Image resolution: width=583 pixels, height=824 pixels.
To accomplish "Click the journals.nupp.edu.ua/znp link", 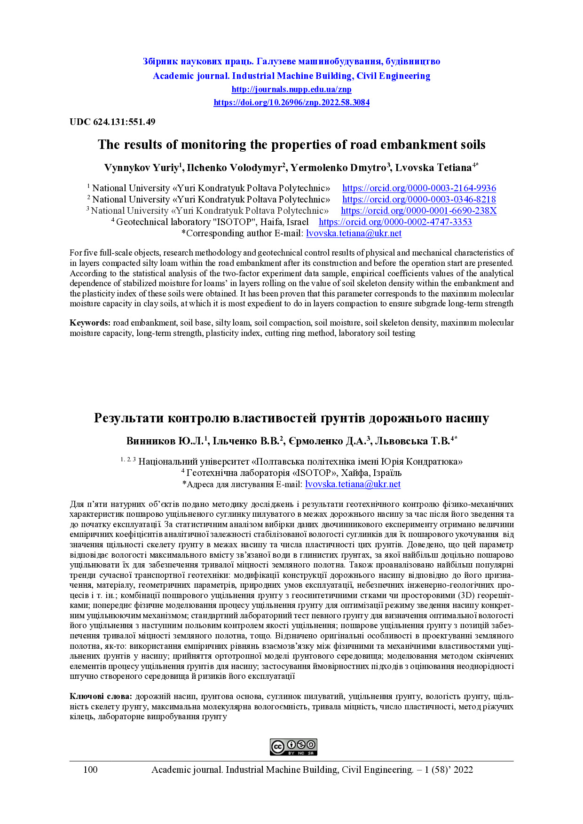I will click(291, 89).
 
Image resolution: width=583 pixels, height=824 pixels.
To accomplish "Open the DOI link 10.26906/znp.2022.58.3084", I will click(291, 102).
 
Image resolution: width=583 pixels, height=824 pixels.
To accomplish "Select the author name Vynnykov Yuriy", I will click(141, 168).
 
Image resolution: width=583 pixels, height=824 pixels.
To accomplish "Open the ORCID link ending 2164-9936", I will click(419, 188).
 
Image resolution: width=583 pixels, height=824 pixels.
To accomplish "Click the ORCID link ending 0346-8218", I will click(419, 200).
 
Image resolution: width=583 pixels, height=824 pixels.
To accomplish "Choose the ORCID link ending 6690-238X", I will click(418, 211).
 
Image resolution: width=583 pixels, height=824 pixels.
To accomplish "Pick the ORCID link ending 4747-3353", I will click(395, 222).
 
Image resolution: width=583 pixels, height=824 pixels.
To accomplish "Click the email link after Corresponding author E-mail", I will click(354, 233).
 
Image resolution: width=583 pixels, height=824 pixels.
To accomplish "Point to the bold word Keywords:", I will click(90, 323).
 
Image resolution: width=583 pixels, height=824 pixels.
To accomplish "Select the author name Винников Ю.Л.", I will click(165, 441).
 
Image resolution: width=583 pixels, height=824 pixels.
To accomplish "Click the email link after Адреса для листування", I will click(353, 484).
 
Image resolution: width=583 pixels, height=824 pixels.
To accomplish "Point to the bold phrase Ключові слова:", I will click(101, 696).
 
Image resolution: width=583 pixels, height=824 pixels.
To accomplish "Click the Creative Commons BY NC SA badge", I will click(293, 747).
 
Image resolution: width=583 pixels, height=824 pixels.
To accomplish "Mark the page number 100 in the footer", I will click(90, 770).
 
